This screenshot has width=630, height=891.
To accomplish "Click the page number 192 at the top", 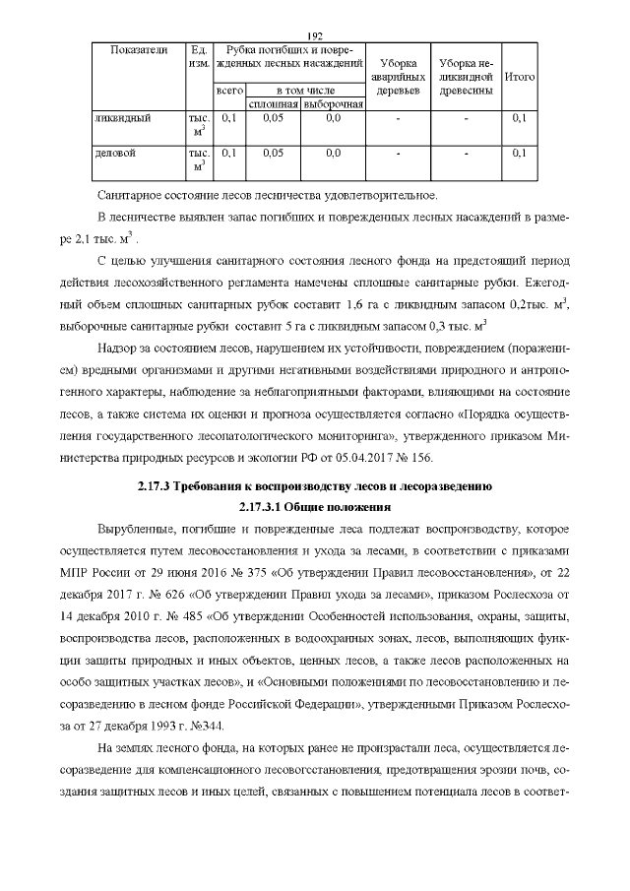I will pos(315,34).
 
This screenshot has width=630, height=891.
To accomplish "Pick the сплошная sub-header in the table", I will pos(273,103).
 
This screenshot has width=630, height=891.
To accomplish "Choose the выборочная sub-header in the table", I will pos(333,103).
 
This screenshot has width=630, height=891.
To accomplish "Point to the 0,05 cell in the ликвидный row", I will pos(273,118).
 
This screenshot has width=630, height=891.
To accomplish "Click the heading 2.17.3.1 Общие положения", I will pos(315,508).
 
